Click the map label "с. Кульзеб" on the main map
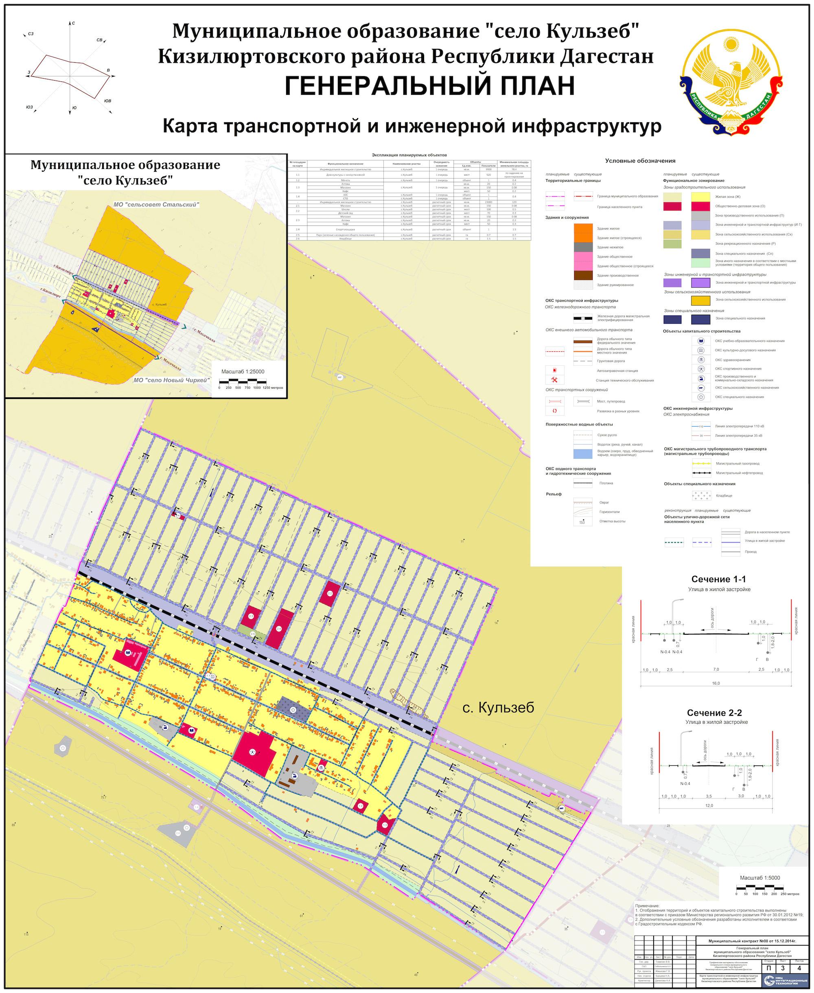click(x=498, y=708)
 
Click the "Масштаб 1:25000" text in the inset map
click(x=243, y=371)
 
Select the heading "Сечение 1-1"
click(x=718, y=579)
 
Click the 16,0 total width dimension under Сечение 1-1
click(x=716, y=684)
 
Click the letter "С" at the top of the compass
click(x=74, y=23)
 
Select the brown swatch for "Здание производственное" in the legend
click(x=583, y=275)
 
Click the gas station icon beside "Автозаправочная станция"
click(x=554, y=370)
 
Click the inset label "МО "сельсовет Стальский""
click(x=157, y=204)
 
